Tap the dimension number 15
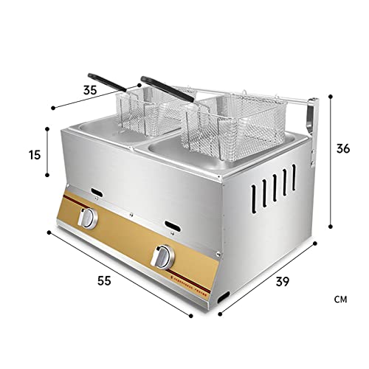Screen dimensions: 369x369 click(x=34, y=155)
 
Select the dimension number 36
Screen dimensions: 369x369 click(x=342, y=148)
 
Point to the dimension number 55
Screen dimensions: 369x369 click(x=104, y=281)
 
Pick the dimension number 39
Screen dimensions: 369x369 click(x=282, y=281)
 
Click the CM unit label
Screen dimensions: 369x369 click(x=339, y=300)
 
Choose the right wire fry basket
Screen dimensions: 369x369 click(x=221, y=125)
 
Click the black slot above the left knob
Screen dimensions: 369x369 click(x=97, y=196)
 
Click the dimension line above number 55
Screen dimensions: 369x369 click(x=118, y=274)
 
